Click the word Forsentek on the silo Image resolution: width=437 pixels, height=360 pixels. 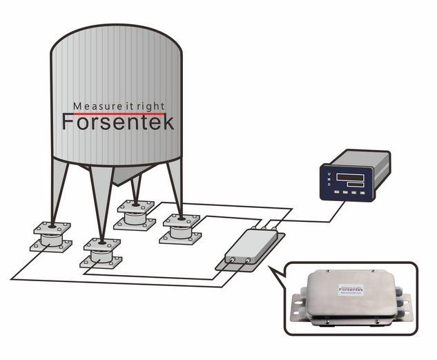118,123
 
